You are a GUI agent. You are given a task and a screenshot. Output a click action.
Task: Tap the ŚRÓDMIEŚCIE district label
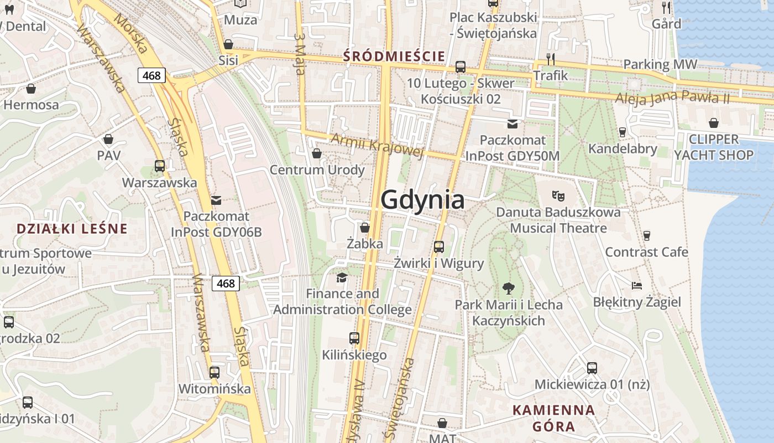pos(394,56)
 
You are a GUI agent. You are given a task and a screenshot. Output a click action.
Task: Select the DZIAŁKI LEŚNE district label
pos(72,229)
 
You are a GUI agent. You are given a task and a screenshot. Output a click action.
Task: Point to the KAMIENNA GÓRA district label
pos(553,418)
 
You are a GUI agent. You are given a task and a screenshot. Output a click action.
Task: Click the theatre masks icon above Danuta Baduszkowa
pos(558,195)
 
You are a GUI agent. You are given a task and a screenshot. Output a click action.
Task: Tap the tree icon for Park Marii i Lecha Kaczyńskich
pos(508,288)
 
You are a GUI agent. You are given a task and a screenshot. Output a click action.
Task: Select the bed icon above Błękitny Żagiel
pos(637,286)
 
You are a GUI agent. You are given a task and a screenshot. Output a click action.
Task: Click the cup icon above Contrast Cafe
pos(646,236)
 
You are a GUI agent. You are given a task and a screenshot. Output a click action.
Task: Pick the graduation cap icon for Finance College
pos(342,277)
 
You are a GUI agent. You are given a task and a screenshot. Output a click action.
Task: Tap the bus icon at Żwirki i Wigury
pos(439,247)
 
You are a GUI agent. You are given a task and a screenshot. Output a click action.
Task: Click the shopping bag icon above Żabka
pos(365,228)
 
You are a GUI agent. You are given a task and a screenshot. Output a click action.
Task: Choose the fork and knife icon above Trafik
pos(550,59)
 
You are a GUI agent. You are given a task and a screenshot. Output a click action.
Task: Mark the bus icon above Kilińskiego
pos(354,338)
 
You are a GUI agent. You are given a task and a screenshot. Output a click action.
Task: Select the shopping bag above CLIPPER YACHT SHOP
pos(714,123)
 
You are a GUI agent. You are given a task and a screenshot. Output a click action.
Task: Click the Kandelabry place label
pos(623,148)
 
